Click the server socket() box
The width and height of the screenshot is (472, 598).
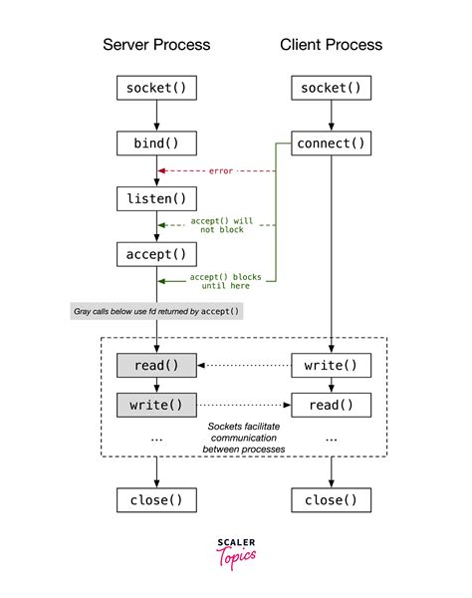point(156,88)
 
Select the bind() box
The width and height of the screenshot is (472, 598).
point(156,144)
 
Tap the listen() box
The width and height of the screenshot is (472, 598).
point(156,198)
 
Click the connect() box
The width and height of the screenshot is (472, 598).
point(331,144)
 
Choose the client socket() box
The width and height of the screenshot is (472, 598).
point(331,88)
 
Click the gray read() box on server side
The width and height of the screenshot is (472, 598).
point(156,366)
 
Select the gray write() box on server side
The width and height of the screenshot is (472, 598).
point(156,405)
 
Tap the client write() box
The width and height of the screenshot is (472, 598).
point(331,366)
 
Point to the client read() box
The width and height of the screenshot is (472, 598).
point(331,405)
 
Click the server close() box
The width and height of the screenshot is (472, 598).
point(156,498)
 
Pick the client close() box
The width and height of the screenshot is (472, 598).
point(331,498)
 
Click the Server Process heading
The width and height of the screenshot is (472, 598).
point(156,45)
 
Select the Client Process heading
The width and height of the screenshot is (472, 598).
point(331,45)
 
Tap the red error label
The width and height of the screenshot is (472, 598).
point(220,170)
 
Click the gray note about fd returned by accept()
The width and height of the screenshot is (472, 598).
point(156,312)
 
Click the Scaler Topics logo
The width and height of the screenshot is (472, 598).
point(236,551)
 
